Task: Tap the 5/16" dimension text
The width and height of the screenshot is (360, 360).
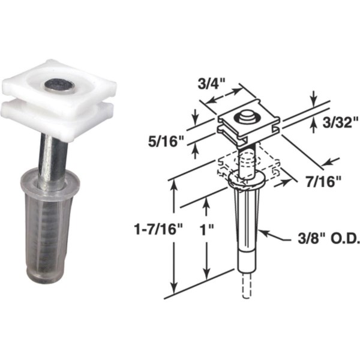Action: pyautogui.click(x=166, y=142)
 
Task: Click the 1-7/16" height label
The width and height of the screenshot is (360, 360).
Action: pyautogui.click(x=158, y=229)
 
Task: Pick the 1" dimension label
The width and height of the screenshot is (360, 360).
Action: pyautogui.click(x=206, y=230)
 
